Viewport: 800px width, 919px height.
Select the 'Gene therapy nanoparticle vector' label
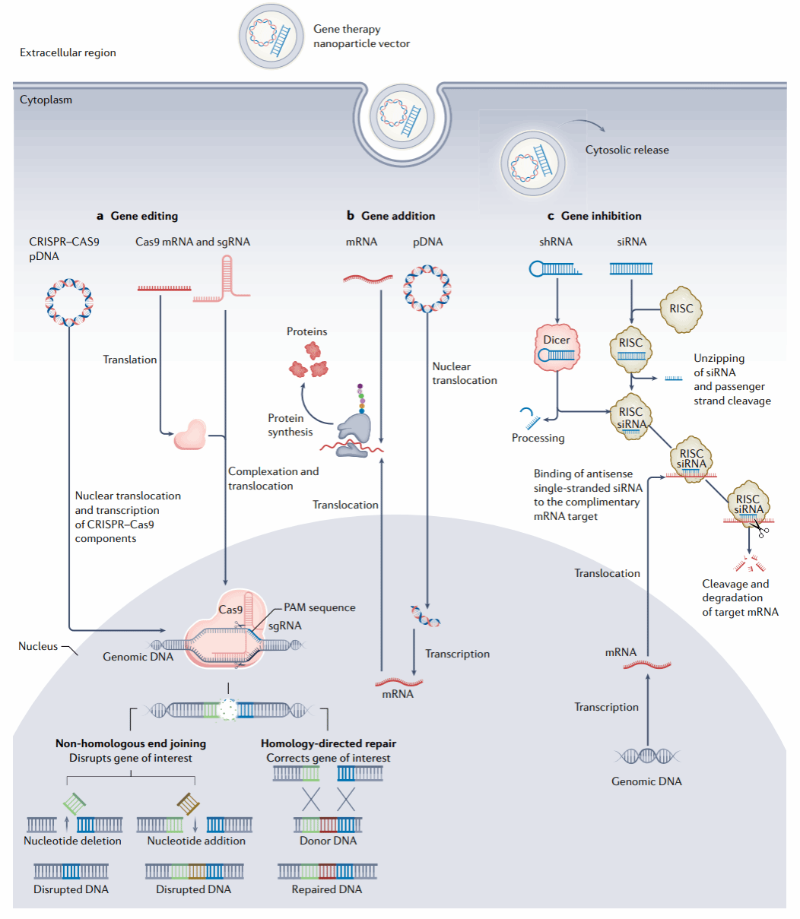coord(361,36)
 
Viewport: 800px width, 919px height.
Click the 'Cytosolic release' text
coord(627,150)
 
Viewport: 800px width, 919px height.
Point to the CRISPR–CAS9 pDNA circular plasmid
coord(69,302)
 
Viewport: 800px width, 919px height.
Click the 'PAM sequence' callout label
coord(319,607)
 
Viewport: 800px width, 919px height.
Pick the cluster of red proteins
coord(310,360)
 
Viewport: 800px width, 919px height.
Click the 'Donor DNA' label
coord(328,841)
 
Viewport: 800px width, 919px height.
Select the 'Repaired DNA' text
coord(327,889)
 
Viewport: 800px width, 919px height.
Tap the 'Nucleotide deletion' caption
coord(72,841)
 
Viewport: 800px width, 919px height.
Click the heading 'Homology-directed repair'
coord(328,743)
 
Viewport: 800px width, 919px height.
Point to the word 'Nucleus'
coord(38,646)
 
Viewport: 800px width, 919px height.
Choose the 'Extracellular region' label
coord(68,52)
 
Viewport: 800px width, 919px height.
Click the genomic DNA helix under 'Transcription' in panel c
coord(646,756)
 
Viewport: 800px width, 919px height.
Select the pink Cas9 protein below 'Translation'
coord(189,435)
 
